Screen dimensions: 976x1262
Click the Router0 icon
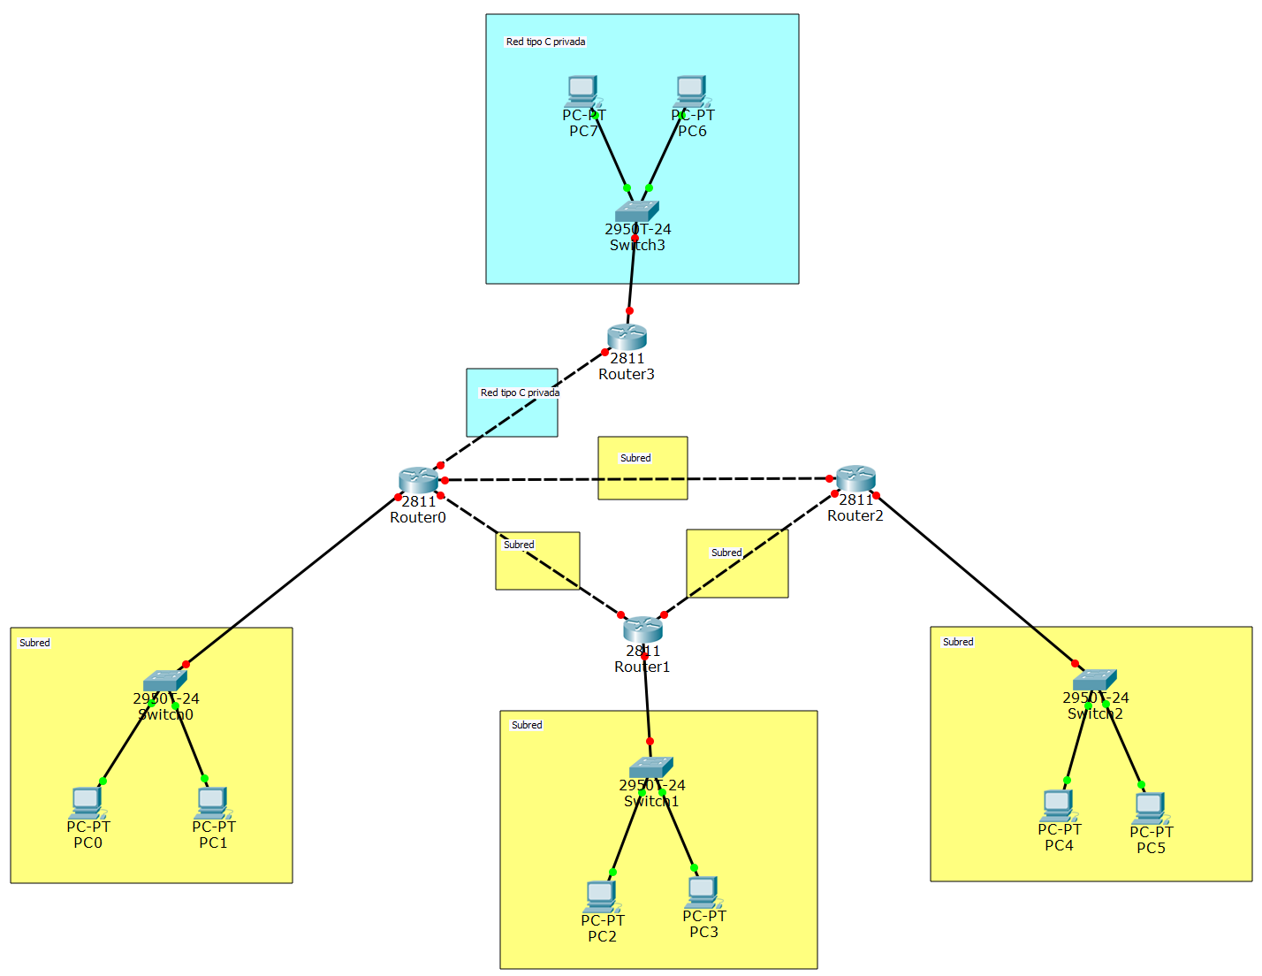click(418, 480)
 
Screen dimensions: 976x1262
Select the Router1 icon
click(642, 629)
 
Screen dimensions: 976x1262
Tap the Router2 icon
click(855, 478)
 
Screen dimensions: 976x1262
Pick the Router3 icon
click(627, 336)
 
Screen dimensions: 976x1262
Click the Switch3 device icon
click(637, 210)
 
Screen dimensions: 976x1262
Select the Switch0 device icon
click(165, 680)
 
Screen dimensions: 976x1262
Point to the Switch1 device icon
click(651, 766)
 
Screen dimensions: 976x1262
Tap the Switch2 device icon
click(1095, 679)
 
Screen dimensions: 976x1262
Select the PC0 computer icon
click(87, 803)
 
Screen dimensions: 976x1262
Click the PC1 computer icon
click(213, 803)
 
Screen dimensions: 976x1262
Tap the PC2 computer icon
click(602, 896)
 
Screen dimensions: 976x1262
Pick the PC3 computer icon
click(703, 892)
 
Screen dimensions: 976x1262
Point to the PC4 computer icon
click(1059, 805)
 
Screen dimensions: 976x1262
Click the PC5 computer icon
click(1151, 808)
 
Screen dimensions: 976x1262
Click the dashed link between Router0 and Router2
click(548, 479)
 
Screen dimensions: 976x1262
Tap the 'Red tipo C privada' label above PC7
click(545, 42)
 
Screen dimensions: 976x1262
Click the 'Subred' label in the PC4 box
click(958, 642)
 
